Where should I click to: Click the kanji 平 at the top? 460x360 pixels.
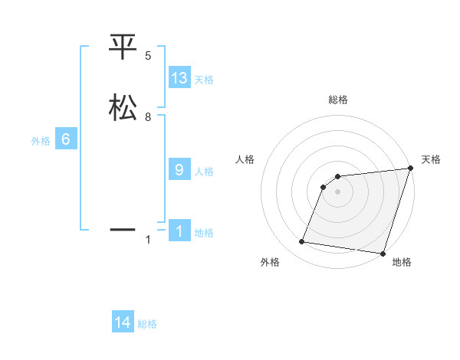123,47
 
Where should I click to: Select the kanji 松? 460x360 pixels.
123,107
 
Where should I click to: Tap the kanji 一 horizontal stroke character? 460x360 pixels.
123,229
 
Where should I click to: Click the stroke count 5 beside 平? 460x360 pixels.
148,56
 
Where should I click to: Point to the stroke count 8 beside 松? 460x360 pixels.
148,117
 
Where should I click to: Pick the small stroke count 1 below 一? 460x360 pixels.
148,240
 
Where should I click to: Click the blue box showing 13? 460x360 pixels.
179,78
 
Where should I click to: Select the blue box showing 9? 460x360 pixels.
179,170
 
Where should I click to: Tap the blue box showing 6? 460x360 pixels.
66,139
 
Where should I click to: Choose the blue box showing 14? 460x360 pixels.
123,323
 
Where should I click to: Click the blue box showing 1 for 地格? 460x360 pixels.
179,231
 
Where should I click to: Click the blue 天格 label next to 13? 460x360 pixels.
204,80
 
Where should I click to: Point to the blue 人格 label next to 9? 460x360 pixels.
204,172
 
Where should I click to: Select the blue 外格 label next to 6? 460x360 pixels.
41,141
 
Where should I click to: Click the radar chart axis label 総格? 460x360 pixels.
338,100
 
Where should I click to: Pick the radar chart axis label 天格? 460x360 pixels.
432,159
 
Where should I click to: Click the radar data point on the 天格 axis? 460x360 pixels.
410,169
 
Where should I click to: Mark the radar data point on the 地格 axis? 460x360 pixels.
383,254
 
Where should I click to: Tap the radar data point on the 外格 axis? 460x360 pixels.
302,242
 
